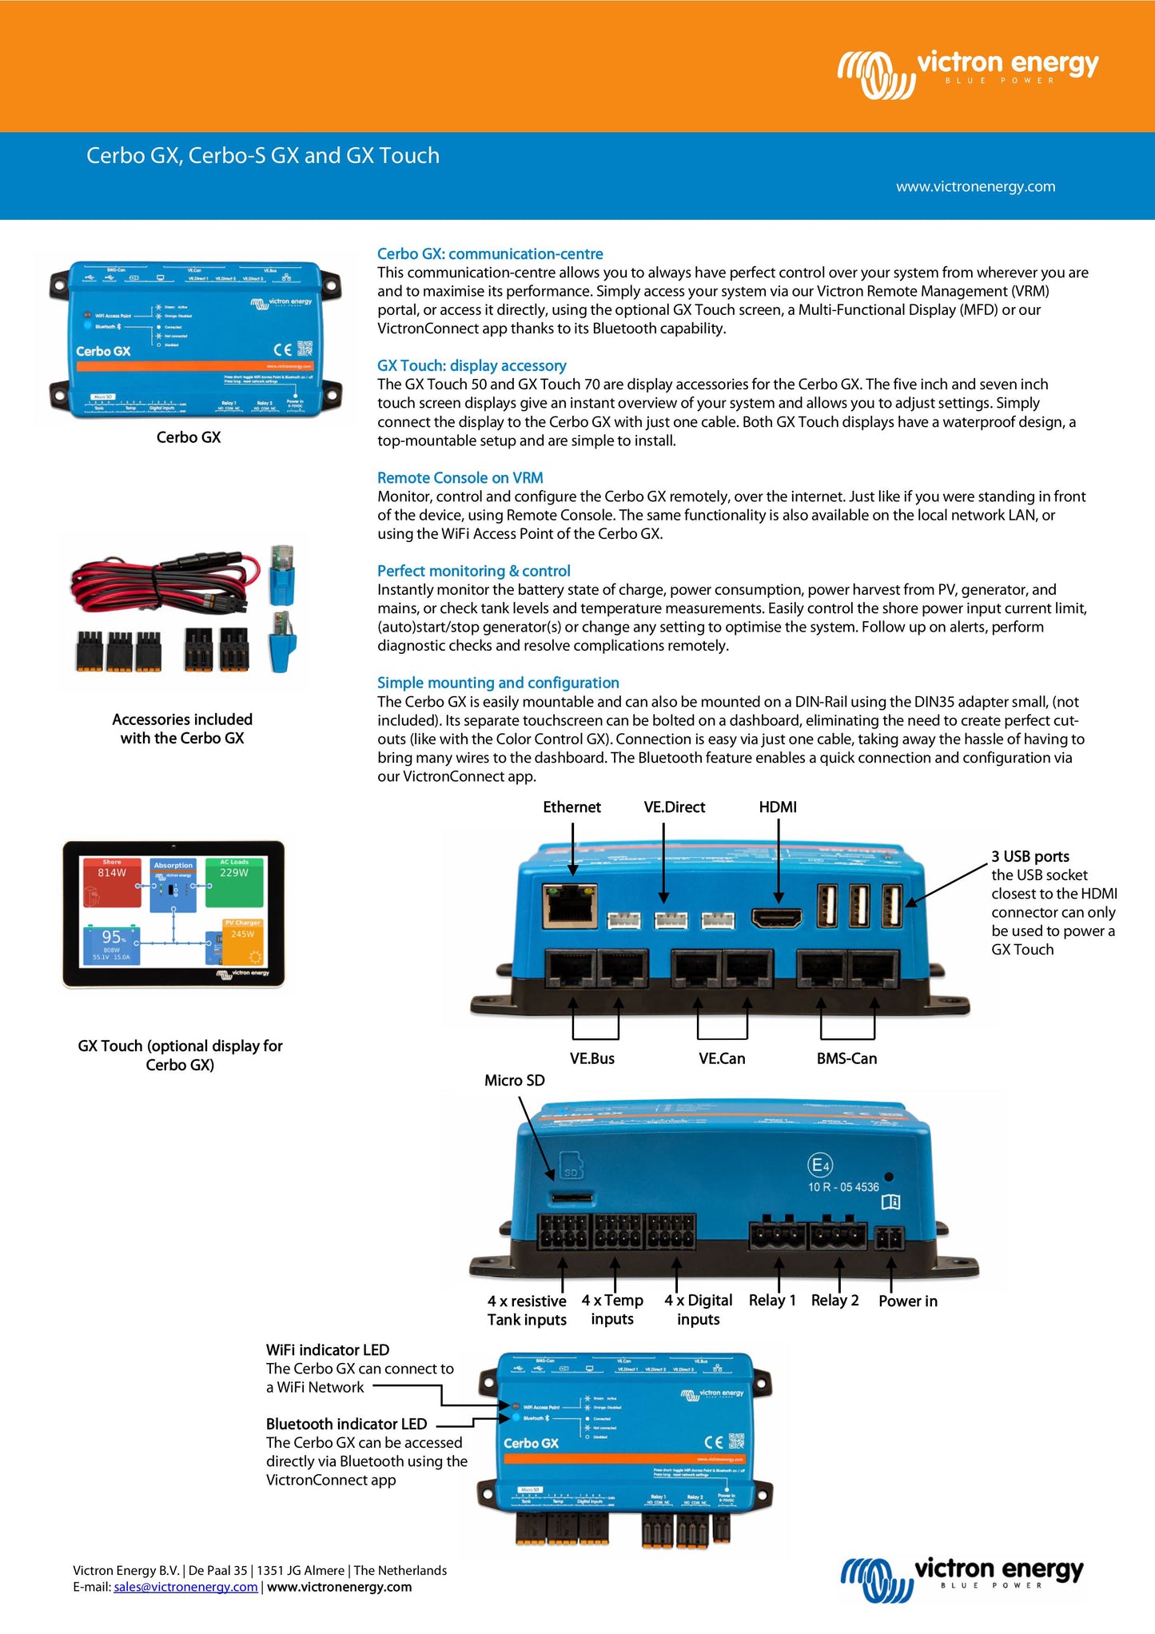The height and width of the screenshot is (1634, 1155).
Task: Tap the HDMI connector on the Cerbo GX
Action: click(x=777, y=919)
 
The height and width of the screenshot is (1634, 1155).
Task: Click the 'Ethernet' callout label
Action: click(x=572, y=807)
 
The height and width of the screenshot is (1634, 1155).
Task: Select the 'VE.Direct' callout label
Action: click(x=675, y=807)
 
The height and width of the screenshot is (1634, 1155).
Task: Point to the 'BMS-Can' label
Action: click(x=846, y=1058)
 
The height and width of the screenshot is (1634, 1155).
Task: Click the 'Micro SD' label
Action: click(x=514, y=1081)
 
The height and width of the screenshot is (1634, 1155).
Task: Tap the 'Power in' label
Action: click(x=908, y=1301)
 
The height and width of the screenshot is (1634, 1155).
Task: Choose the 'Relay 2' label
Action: click(x=834, y=1301)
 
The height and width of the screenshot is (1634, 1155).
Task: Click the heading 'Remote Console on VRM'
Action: click(x=460, y=478)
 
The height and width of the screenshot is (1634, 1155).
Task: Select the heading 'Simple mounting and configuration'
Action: click(x=498, y=683)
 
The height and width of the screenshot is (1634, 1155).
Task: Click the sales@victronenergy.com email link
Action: click(x=185, y=1587)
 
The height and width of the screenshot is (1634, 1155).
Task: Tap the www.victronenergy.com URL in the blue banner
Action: click(x=975, y=186)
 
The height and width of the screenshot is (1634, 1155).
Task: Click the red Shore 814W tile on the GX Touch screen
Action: click(x=112, y=882)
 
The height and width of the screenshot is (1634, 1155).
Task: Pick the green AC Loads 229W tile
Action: click(x=234, y=882)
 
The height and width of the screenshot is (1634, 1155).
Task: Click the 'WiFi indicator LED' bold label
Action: click(x=328, y=1350)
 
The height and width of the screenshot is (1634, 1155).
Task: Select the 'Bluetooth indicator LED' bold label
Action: click(x=346, y=1424)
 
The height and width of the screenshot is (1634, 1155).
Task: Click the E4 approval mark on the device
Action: click(x=820, y=1165)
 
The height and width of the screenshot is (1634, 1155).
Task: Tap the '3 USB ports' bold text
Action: click(x=1030, y=856)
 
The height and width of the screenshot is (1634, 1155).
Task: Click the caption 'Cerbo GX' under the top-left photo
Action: click(x=189, y=437)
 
